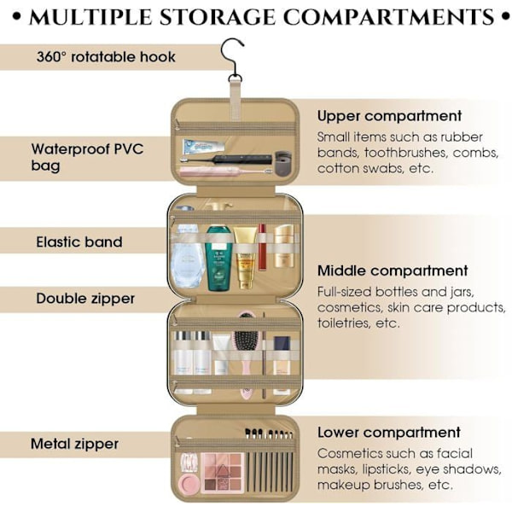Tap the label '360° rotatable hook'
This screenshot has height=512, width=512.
pyautogui.click(x=106, y=57)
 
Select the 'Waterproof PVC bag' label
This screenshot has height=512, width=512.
pyautogui.click(x=88, y=157)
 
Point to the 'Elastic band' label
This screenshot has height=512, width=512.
pyautogui.click(x=79, y=242)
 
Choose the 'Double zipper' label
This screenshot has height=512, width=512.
pyautogui.click(x=85, y=299)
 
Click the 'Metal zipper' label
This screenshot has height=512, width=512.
pyautogui.click(x=74, y=444)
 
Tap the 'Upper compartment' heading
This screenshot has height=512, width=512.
pyautogui.click(x=389, y=116)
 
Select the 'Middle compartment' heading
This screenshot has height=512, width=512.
pyautogui.click(x=393, y=271)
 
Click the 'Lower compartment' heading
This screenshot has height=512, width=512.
pyautogui.click(x=389, y=433)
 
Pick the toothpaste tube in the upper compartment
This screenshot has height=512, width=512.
pyautogui.click(x=204, y=147)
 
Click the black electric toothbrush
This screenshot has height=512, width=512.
pyautogui.click(x=226, y=160)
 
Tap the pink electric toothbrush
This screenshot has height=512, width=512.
pyautogui.click(x=226, y=171)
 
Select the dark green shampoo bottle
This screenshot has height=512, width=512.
pyautogui.click(x=218, y=258)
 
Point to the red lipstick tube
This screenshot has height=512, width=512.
pyautogui.click(x=262, y=247)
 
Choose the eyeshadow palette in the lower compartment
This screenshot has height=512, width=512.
pyautogui.click(x=223, y=473)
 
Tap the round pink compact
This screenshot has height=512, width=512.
pyautogui.click(x=189, y=484)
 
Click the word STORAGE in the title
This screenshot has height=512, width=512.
pyautogui.click(x=218, y=17)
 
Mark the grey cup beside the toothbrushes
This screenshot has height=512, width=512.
pyautogui.click(x=282, y=163)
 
